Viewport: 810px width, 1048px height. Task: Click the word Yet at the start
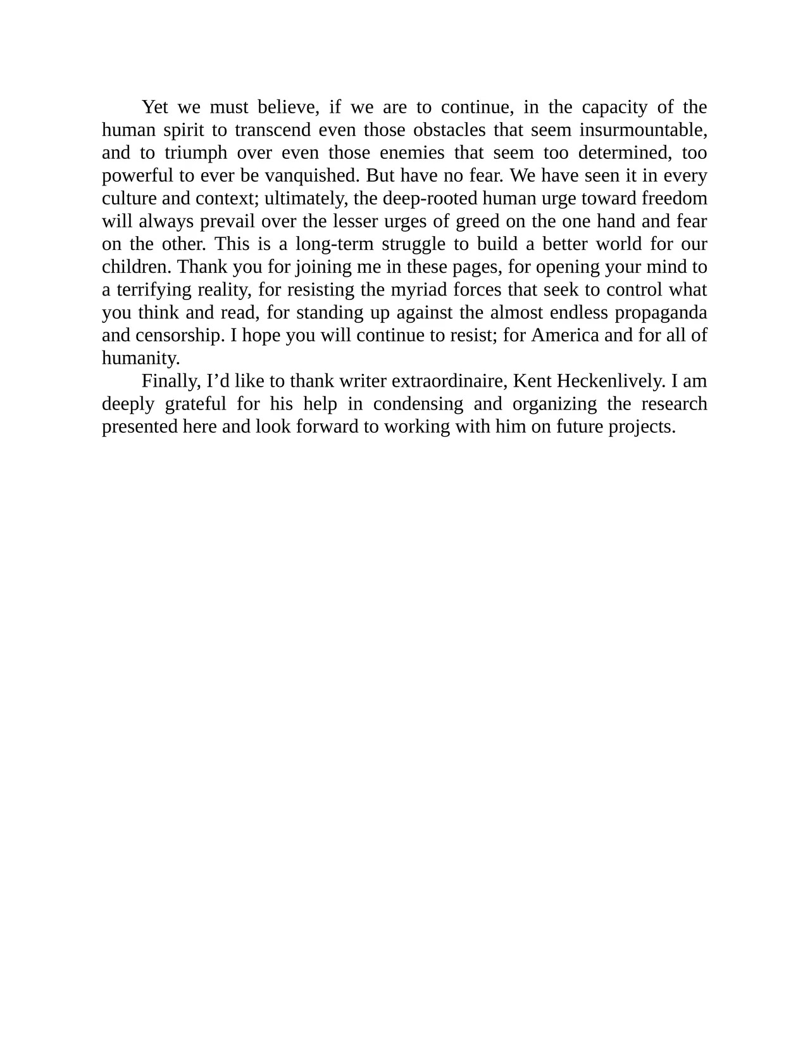click(x=154, y=107)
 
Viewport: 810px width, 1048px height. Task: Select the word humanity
click(x=140, y=358)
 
